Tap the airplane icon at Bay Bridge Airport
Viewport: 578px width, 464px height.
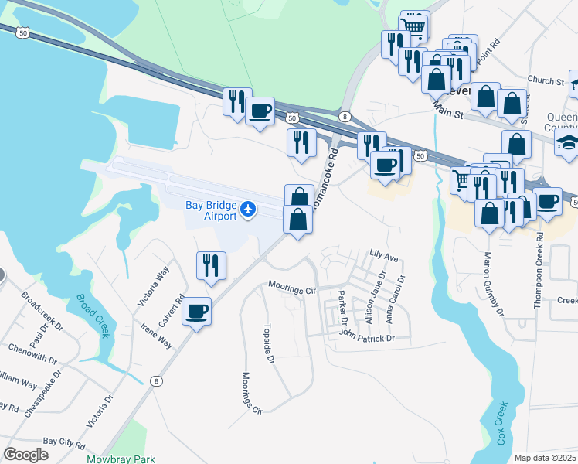248,208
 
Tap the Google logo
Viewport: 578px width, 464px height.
25,455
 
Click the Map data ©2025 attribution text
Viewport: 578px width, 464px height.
546,458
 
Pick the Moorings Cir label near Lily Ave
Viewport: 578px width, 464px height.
293,287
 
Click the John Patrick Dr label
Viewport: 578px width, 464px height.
367,337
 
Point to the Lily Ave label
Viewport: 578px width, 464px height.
383,254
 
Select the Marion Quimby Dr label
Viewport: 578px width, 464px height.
494,284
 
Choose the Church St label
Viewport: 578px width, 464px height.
546,80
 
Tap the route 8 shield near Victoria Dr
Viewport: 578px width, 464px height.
157,380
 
